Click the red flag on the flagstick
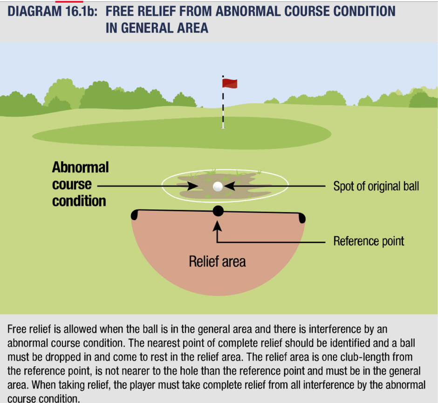pyautogui.click(x=230, y=83)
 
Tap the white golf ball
pyautogui.click(x=218, y=187)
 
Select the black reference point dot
pyautogui.click(x=218, y=211)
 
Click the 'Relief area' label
pyautogui.click(x=217, y=262)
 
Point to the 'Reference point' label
pyautogui.click(x=369, y=241)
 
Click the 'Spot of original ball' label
pyautogui.click(x=376, y=186)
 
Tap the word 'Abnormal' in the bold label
pyautogui.click(x=81, y=168)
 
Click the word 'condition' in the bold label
pyautogui.click(x=79, y=201)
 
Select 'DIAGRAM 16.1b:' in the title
pyautogui.click(x=53, y=12)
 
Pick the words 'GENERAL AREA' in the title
pyautogui.click(x=164, y=28)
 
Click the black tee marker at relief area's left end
pyautogui.click(x=135, y=215)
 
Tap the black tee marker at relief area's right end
pyautogui.click(x=301, y=218)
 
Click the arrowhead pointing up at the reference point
pyautogui.click(x=217, y=226)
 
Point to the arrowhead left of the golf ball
pyautogui.click(x=193, y=186)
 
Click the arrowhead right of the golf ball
pyautogui.click(x=230, y=186)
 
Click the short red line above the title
pyautogui.click(x=69, y=1)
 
